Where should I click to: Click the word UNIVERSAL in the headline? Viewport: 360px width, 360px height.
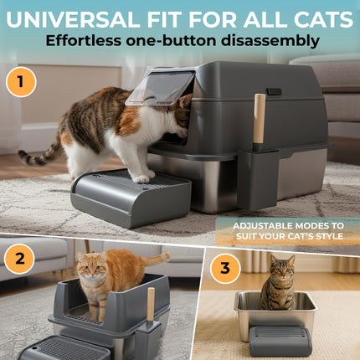(x=80, y=18)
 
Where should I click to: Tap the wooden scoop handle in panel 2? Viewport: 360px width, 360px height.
(x=151, y=303)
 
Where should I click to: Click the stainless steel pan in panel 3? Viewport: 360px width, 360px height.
(x=276, y=314)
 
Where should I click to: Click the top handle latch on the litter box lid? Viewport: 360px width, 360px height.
(x=274, y=91)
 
